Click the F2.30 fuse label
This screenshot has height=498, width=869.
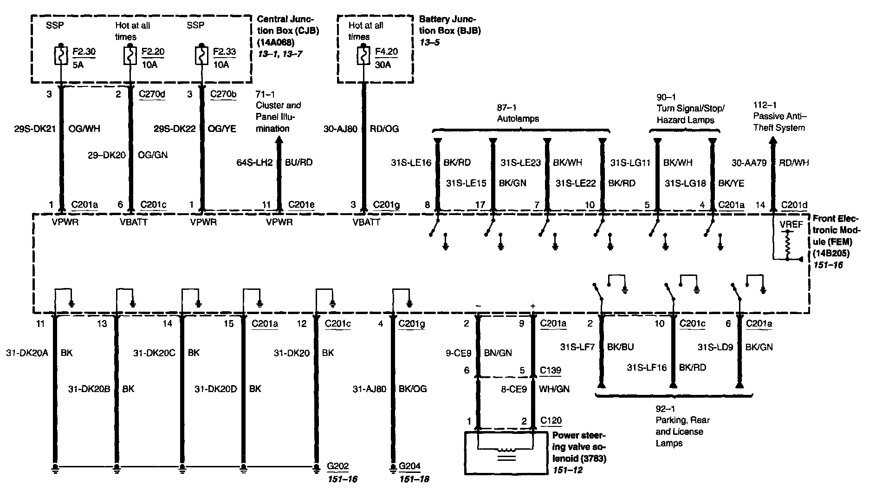tap(84, 52)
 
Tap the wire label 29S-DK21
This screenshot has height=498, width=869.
tap(35, 129)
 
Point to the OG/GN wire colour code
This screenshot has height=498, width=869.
tap(153, 155)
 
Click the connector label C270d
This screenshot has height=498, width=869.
tap(152, 94)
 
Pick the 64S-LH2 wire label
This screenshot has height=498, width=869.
tap(254, 162)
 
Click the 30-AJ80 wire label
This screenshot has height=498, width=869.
tap(340, 129)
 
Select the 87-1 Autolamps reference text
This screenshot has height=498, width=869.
tap(518, 114)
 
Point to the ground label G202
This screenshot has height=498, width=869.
tap(337, 466)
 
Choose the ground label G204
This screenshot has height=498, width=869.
tap(409, 466)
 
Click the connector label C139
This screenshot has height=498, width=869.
tap(551, 371)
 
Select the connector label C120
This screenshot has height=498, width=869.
tap(551, 421)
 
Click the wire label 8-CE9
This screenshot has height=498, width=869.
tap(514, 389)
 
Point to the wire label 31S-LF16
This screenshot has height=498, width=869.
tap(647, 368)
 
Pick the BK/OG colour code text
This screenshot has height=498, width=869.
tap(413, 389)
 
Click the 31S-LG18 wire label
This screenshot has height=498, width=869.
tap(685, 183)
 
